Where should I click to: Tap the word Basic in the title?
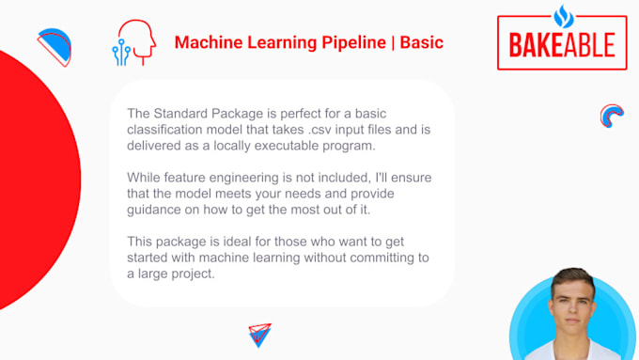pyautogui.click(x=422, y=43)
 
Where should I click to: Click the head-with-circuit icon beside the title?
pyautogui.click(x=132, y=43)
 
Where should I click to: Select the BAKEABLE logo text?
pyautogui.click(x=562, y=44)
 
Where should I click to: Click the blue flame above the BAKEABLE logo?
pyautogui.click(x=563, y=15)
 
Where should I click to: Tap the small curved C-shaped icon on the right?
pyautogui.click(x=612, y=116)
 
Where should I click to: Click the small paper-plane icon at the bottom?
pyautogui.click(x=259, y=335)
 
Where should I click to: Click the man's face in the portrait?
pyautogui.click(x=573, y=300)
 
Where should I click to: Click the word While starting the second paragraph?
pyautogui.click(x=146, y=179)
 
